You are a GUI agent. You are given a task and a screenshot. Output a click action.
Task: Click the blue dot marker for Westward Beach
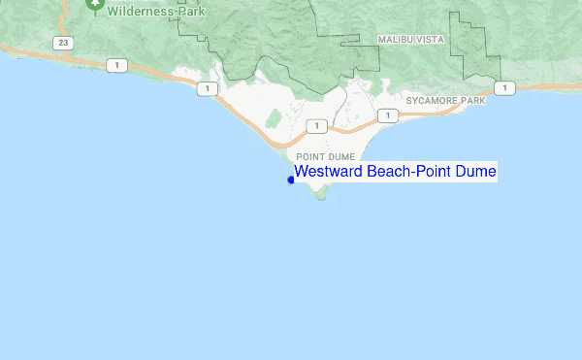pyautogui.click(x=291, y=180)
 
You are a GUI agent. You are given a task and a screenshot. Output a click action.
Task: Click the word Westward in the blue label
pyautogui.click(x=323, y=172)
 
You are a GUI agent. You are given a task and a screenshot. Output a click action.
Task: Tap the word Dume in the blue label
pyautogui.click(x=476, y=172)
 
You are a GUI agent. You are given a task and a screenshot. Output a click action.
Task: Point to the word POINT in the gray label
pyautogui.click(x=310, y=156)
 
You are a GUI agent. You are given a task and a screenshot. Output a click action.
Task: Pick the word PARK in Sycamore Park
pyautogui.click(x=472, y=101)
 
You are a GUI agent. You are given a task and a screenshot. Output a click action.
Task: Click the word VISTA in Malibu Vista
pyautogui.click(x=430, y=39)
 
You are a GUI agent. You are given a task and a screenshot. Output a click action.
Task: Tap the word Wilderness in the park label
pyautogui.click(x=142, y=11)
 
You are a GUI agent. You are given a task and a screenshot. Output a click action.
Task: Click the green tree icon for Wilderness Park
pyautogui.click(x=94, y=5)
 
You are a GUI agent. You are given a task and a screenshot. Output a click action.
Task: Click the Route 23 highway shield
pyautogui.click(x=63, y=43)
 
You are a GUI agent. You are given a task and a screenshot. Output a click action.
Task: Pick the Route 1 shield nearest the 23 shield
pyautogui.click(x=117, y=65)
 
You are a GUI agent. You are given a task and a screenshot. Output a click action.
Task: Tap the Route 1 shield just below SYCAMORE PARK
pyautogui.click(x=387, y=116)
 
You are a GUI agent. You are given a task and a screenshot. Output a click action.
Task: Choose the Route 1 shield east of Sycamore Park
pyautogui.click(x=502, y=88)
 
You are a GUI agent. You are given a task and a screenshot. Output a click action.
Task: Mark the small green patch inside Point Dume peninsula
pyautogui.click(x=274, y=119)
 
